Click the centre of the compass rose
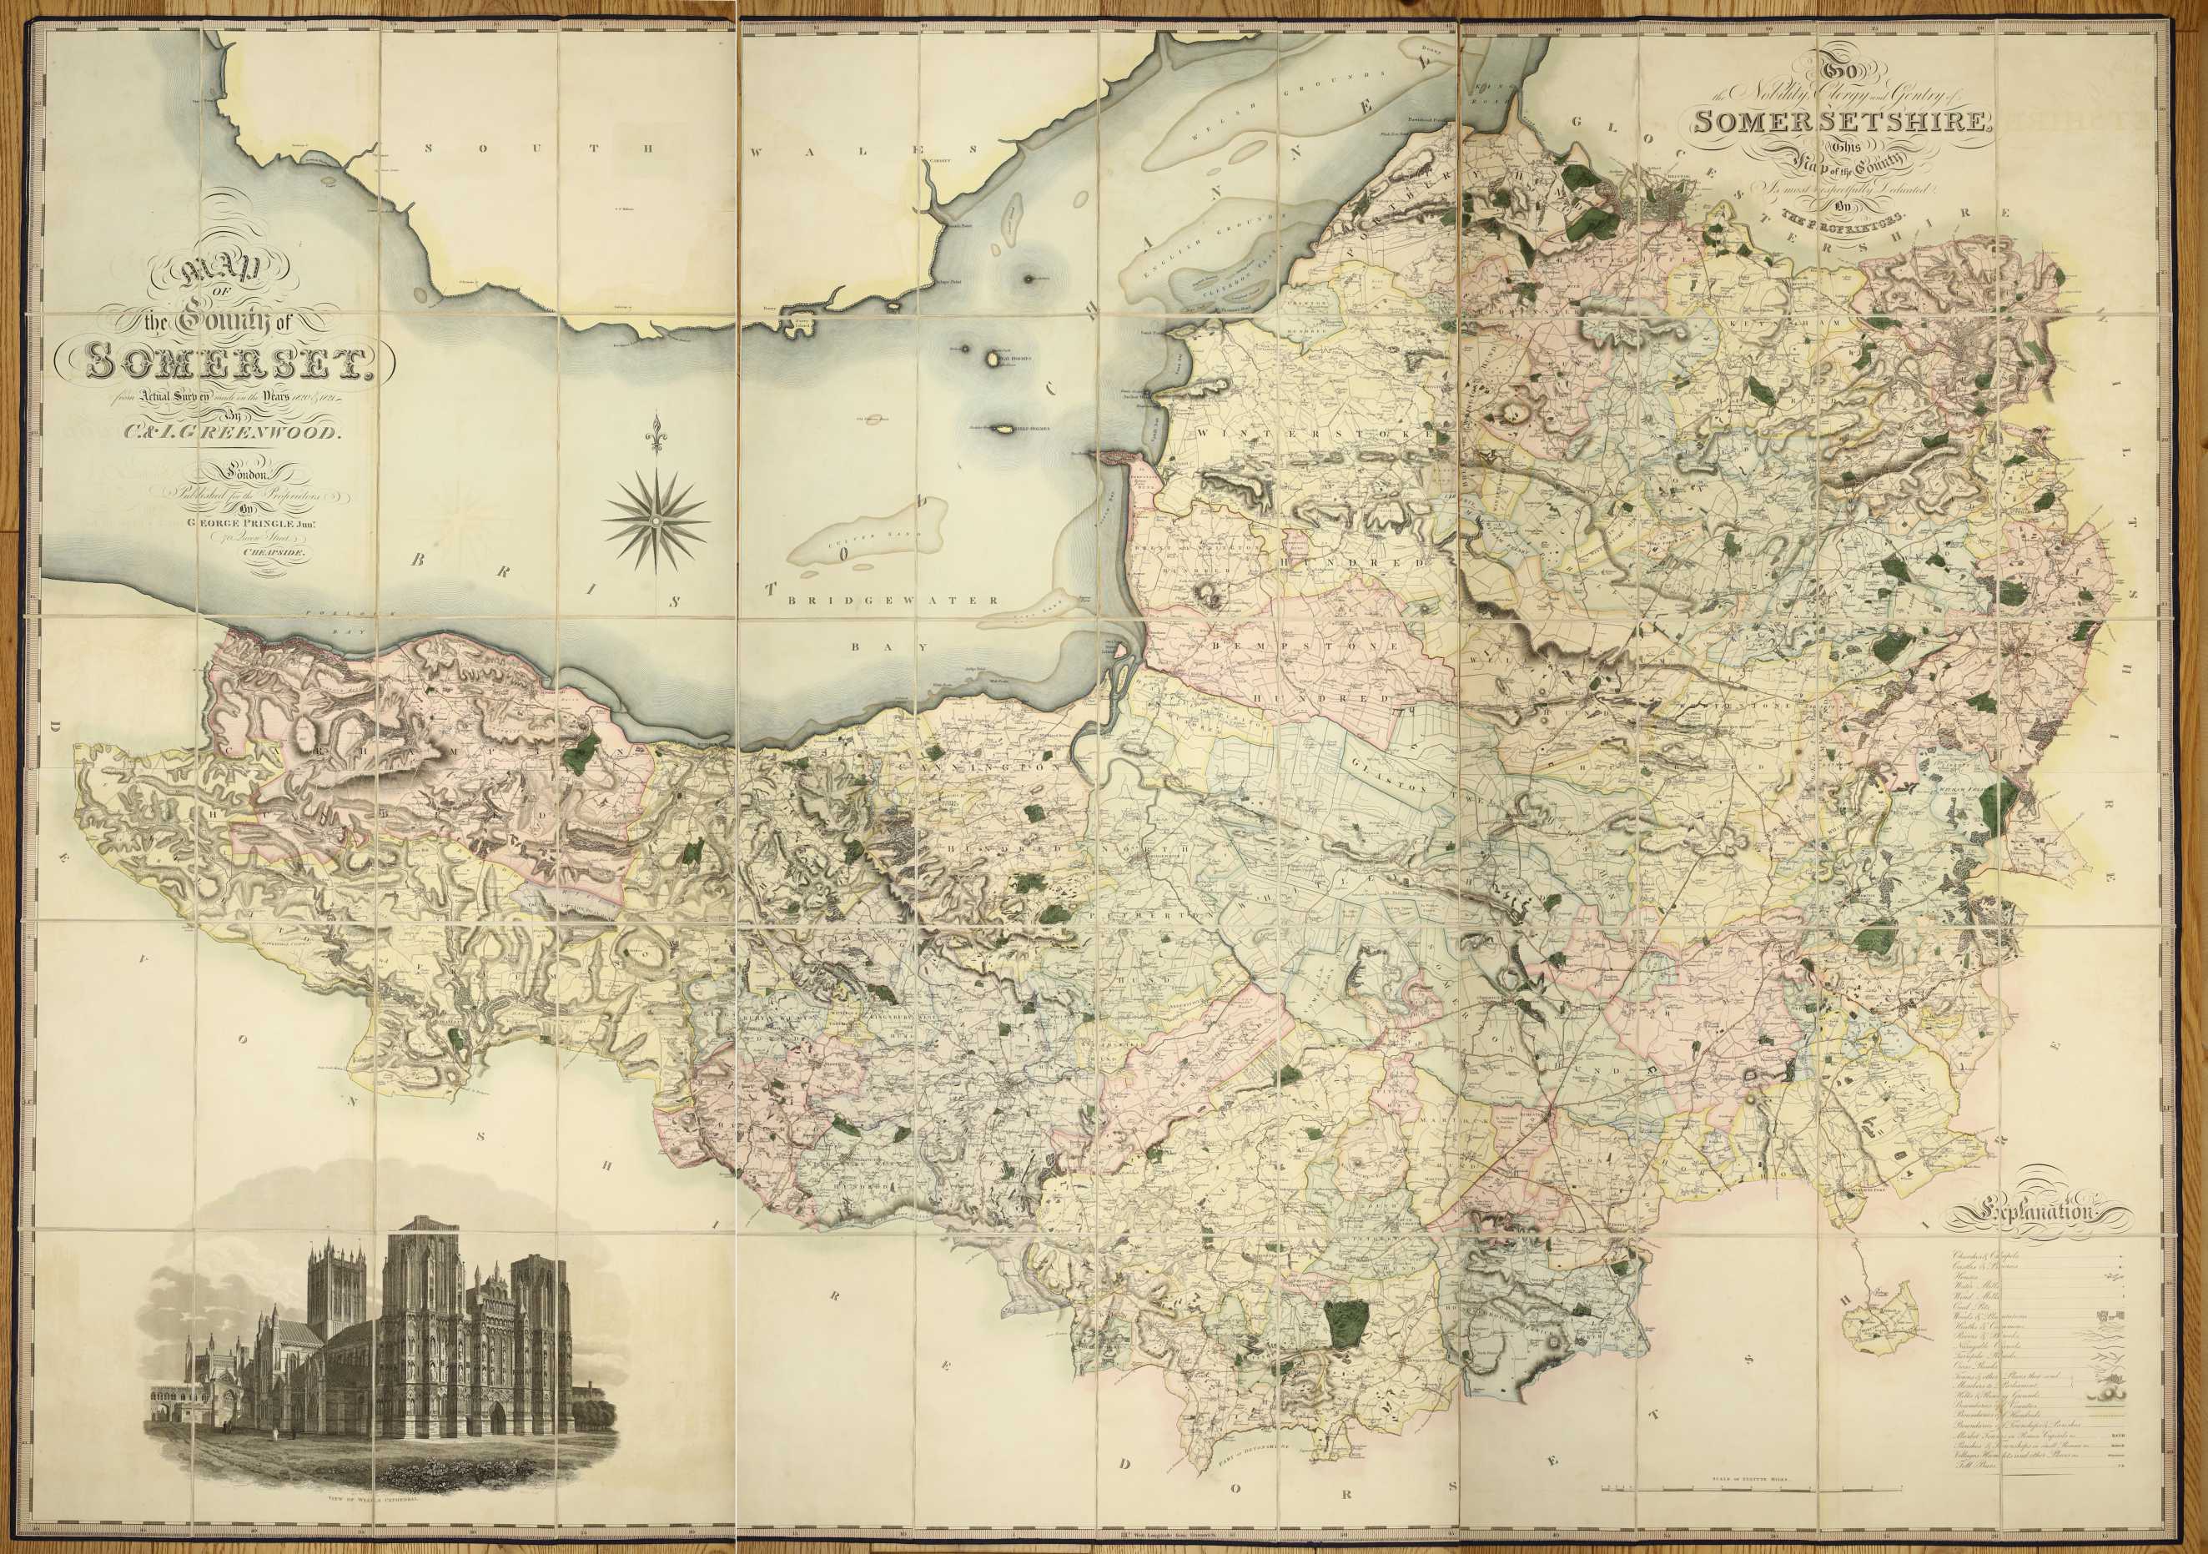655,520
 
